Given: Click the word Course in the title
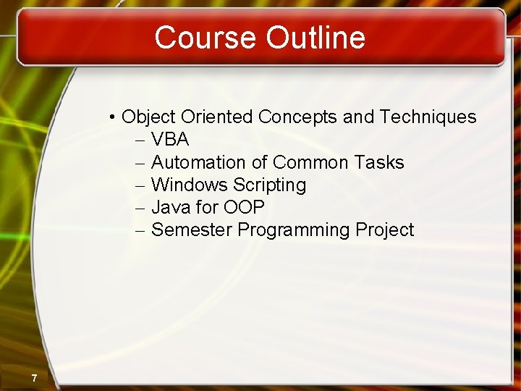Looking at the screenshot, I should [x=206, y=38].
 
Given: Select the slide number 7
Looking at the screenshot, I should [x=34, y=378].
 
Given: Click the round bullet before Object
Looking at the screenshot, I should [x=114, y=117].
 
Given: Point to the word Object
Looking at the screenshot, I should [x=149, y=117].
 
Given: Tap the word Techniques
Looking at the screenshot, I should [x=428, y=117].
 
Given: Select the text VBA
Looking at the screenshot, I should [x=170, y=140].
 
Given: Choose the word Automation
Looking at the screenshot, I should [x=199, y=162].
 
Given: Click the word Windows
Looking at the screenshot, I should [x=190, y=185].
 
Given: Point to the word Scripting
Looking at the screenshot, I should [x=269, y=185].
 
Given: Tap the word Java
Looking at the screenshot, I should [x=171, y=207].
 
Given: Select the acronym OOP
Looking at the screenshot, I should [x=244, y=207].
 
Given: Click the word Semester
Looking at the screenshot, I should [x=192, y=230].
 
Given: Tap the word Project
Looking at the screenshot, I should [x=385, y=230].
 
